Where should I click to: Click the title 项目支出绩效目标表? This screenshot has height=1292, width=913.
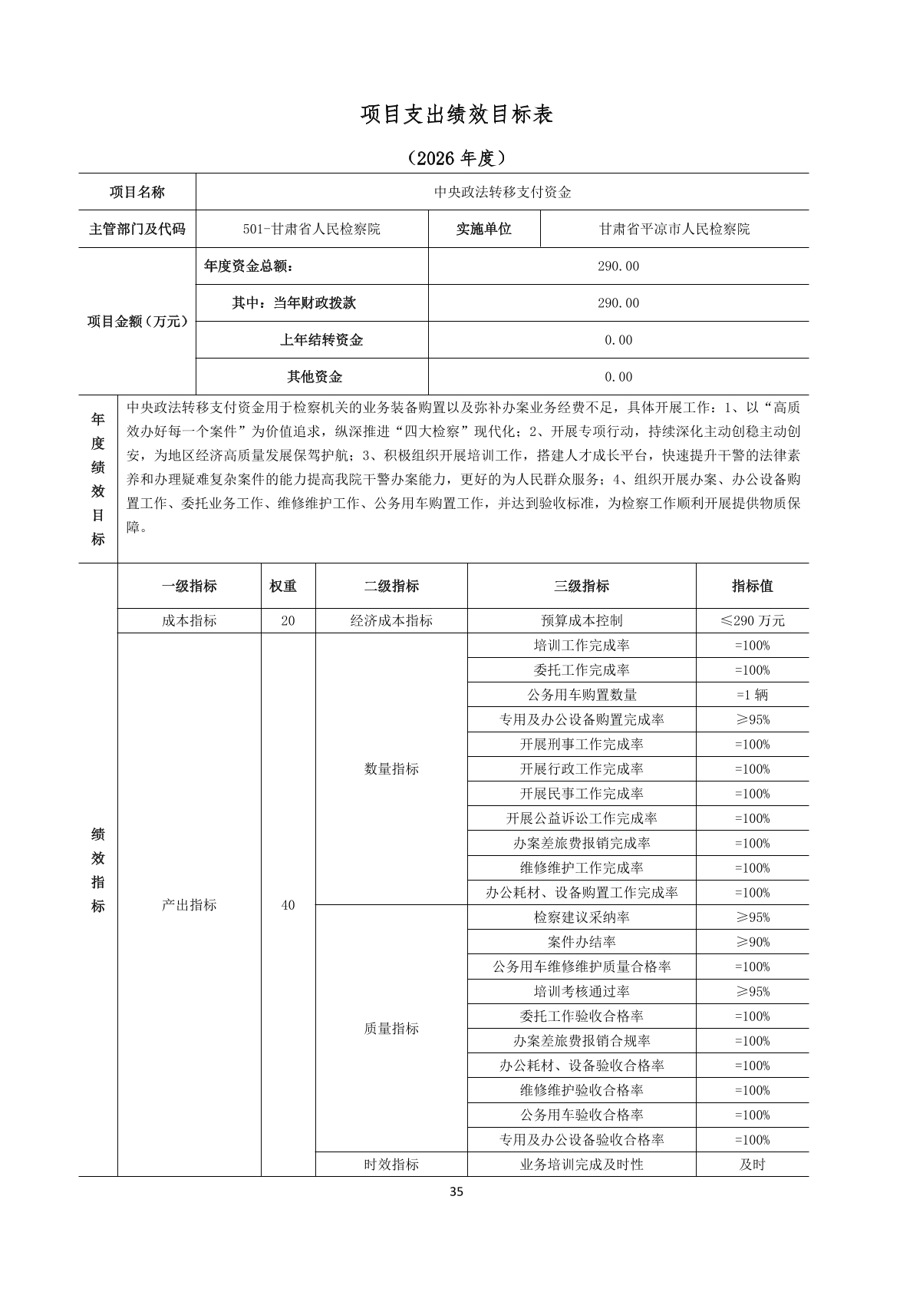(457, 115)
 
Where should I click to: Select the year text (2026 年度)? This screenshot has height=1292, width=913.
(457, 158)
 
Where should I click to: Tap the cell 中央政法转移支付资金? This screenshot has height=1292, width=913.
(503, 192)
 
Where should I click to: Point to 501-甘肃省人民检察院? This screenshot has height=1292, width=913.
(311, 229)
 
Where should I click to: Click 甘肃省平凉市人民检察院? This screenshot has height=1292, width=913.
(674, 229)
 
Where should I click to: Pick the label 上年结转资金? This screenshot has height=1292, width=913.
(321, 340)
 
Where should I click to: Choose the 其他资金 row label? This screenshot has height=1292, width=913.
(315, 377)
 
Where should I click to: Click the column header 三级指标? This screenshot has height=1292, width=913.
(582, 587)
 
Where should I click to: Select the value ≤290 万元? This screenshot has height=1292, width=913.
(752, 621)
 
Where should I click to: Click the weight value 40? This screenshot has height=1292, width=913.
(288, 905)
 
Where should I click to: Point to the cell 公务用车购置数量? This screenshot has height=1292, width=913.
(582, 695)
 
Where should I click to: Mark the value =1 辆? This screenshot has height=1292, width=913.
(752, 695)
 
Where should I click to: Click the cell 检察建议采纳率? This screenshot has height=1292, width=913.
(582, 917)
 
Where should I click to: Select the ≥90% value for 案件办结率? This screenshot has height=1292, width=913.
(752, 942)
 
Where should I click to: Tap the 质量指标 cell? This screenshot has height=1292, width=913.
(391, 1029)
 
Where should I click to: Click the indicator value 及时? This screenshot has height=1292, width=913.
(752, 1165)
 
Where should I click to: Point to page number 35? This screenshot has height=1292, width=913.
(457, 1192)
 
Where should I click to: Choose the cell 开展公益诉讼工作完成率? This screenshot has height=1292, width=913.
(582, 818)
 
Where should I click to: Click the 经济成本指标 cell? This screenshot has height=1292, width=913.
(391, 621)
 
